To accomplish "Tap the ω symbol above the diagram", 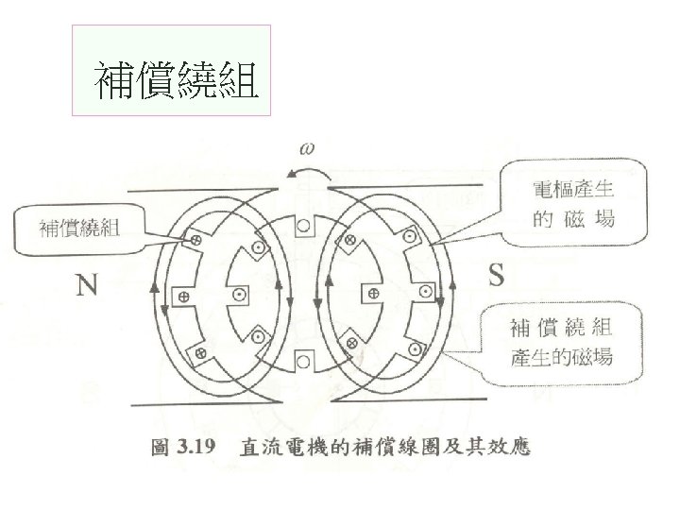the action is (x=309, y=148).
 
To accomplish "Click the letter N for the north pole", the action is (x=87, y=283).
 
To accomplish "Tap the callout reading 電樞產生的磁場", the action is (x=573, y=206).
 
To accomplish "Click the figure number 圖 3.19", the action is (x=186, y=446).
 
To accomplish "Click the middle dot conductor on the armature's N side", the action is (x=241, y=296).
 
